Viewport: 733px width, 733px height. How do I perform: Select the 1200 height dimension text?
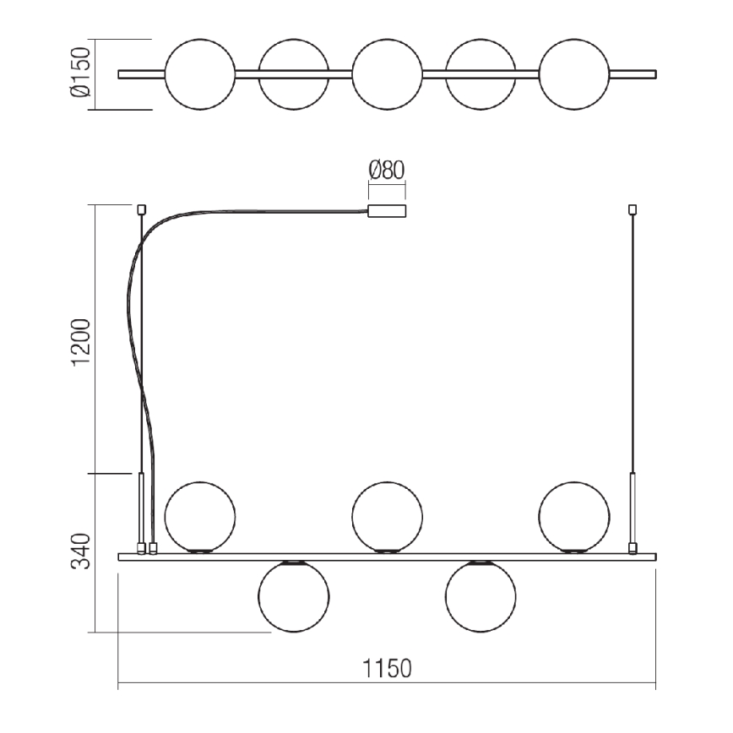80,342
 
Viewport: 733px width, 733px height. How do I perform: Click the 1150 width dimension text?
387,669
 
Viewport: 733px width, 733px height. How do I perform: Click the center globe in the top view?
387,73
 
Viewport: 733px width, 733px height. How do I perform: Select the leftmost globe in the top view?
200,73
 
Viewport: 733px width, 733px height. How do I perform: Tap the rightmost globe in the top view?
573,73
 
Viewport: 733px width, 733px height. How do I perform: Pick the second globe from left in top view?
294,73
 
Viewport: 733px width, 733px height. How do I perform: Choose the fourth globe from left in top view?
481,73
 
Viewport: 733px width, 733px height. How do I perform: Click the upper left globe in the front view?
200,516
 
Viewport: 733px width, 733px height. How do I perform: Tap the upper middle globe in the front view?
387,516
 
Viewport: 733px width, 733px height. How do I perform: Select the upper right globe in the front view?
573,516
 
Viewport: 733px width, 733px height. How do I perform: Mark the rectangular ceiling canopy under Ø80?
387,212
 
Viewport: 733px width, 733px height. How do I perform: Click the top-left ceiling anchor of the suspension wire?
142,208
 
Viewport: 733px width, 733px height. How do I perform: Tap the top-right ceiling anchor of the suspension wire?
633,208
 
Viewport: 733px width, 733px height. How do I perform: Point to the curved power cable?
135,338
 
